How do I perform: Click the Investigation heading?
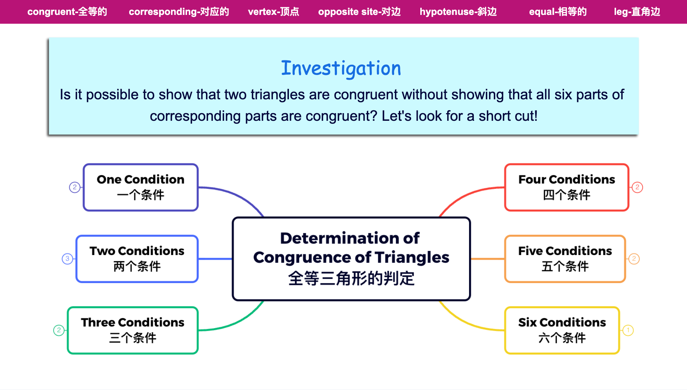coord(341,68)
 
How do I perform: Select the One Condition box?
coord(141,187)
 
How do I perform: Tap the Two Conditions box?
coord(137,259)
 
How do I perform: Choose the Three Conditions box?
coord(133,330)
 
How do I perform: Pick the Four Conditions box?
coord(567,187)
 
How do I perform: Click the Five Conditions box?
coord(565,259)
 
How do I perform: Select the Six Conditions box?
coord(562,330)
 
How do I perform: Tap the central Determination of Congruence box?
coord(351,259)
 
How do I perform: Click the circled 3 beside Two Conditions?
coord(67,259)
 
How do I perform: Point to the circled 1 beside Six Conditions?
coord(628,330)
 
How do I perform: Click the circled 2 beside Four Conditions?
coord(637,187)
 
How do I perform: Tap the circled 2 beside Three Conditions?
coord(59,330)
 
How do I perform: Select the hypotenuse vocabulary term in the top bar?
coord(458,12)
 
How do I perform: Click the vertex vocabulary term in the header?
coord(273,12)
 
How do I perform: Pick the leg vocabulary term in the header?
coord(637,12)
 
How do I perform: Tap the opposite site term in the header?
coord(359,12)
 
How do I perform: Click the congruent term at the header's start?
coord(67,12)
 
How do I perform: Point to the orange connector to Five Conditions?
coord(488,259)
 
